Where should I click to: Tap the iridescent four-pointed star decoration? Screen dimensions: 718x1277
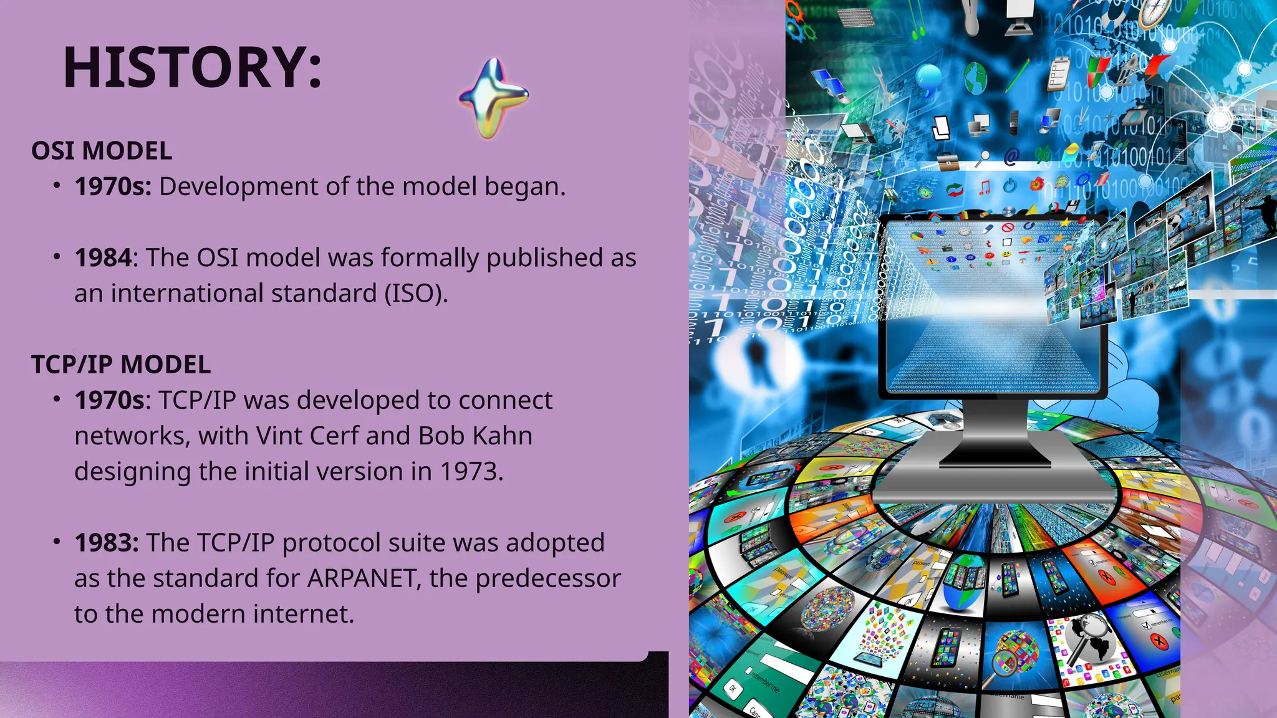[493, 97]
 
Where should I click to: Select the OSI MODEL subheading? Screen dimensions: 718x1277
[102, 151]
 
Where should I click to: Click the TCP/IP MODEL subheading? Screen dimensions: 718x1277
[121, 365]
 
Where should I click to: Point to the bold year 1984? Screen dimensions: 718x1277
[103, 257]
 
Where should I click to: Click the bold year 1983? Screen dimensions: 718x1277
[105, 542]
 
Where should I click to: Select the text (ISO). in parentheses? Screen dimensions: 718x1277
[416, 293]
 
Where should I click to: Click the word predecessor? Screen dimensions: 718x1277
[548, 578]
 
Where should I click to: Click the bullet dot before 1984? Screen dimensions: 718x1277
[57, 257]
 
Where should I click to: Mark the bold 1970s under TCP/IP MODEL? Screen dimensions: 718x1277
[109, 400]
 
